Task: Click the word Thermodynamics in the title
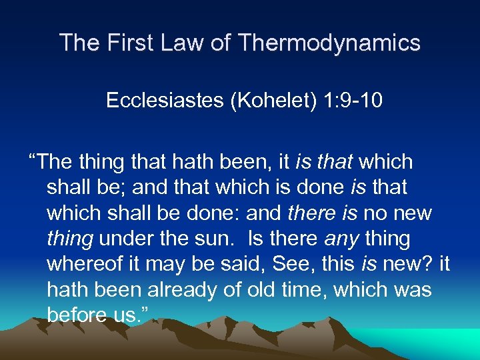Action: point(328,43)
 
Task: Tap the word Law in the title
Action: point(179,43)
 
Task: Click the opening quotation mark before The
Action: point(32,161)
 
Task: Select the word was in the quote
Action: point(413,290)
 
